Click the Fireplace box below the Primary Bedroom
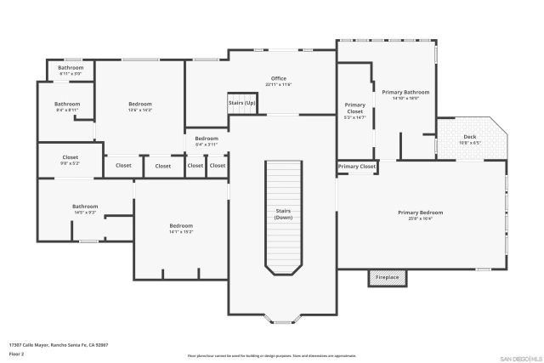coord(388,277)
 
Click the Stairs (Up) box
coord(241,103)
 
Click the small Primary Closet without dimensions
coord(356,167)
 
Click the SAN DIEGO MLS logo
coord(519,357)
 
